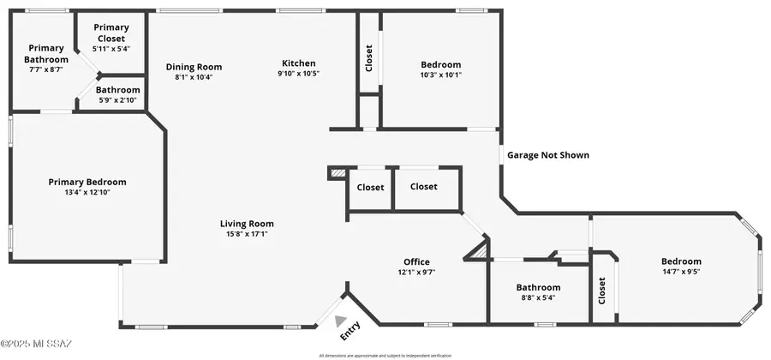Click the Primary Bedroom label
point(87,182)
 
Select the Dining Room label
point(193,67)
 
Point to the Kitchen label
point(299,63)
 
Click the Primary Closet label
point(111,33)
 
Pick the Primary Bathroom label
point(46,53)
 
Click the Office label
point(416,262)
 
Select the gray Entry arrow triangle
point(341,317)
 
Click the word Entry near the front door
point(350,329)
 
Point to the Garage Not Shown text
point(548,155)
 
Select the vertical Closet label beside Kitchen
point(369,58)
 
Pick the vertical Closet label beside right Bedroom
point(601,291)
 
